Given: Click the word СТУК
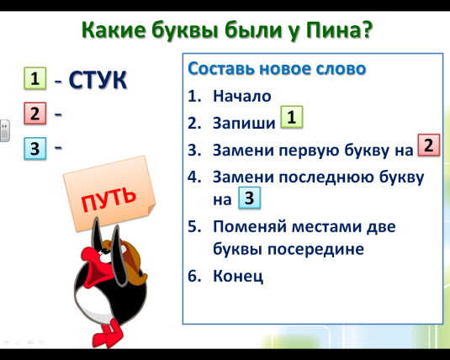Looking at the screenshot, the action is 98,80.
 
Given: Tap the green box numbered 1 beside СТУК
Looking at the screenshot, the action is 35,78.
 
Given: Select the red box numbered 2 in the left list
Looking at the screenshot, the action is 35,113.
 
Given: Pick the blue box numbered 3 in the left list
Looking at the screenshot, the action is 35,148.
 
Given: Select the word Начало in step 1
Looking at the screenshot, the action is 242,96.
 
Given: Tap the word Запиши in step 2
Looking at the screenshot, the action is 244,123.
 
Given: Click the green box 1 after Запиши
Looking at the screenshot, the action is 292,117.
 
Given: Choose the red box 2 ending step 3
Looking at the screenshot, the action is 429,145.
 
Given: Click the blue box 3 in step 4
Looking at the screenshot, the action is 250,198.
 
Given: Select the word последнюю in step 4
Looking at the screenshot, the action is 326,177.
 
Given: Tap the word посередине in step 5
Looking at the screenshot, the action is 315,249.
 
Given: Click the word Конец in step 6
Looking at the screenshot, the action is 238,276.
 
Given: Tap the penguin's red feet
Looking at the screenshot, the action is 108,334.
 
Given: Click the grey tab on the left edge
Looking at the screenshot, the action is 5,130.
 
